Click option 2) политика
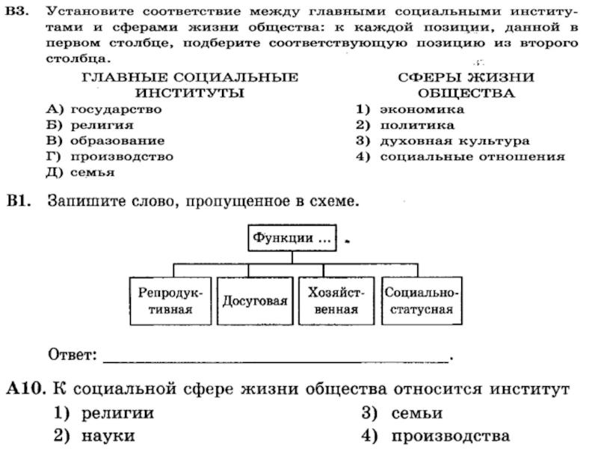coord(404,125)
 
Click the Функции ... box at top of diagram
coord(292,239)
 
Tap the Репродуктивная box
coord(171,301)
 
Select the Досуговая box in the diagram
coord(255,301)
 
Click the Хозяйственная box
coord(336,301)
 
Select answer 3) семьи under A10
coord(402,413)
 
